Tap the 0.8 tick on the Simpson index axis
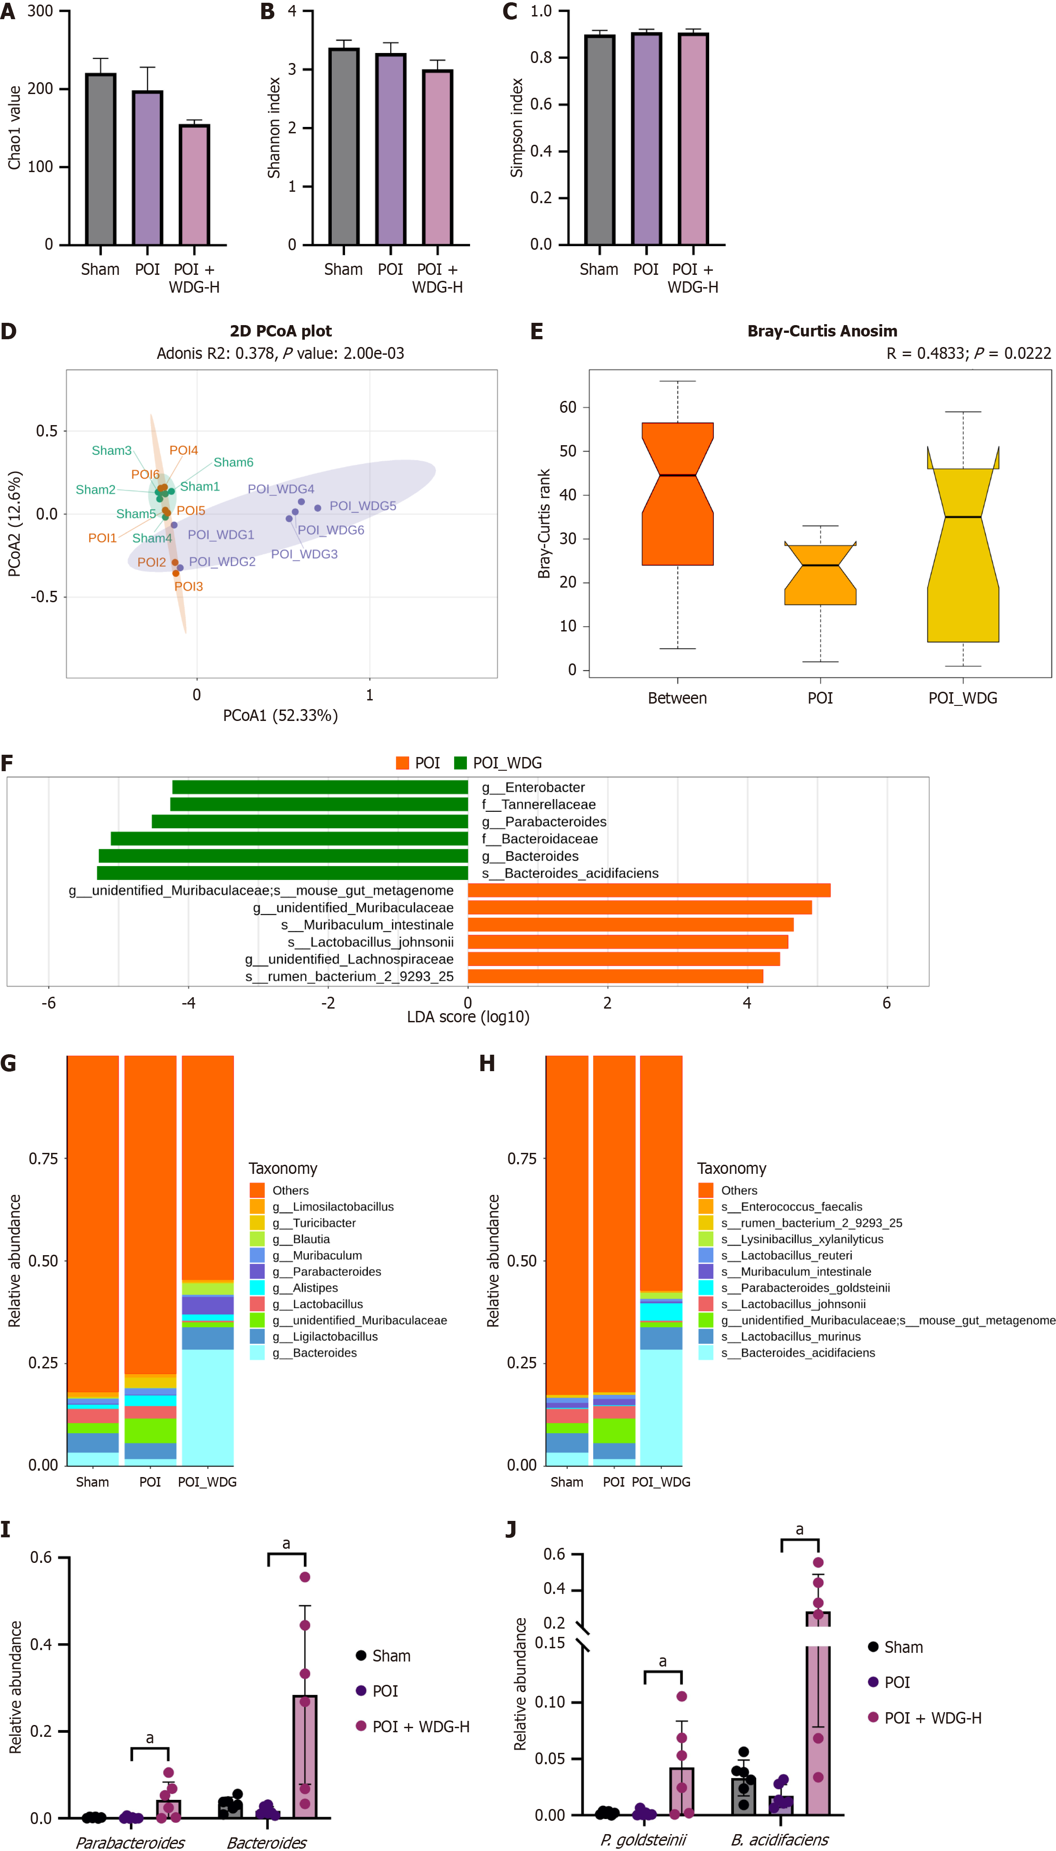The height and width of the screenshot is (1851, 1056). (541, 58)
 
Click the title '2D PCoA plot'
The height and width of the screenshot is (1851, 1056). (281, 331)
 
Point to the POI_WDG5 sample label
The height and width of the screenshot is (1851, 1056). (363, 506)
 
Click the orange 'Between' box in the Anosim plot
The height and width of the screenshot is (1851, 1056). (677, 494)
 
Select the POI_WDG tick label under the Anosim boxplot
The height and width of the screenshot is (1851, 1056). (962, 698)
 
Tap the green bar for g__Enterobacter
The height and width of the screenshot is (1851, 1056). (320, 787)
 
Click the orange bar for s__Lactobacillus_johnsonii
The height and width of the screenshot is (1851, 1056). (628, 942)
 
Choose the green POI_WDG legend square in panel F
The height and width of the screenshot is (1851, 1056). (460, 762)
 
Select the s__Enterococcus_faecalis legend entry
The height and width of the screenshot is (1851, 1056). (790, 1207)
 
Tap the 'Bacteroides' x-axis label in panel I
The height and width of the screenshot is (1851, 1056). (266, 1842)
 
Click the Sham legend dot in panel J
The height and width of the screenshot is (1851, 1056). (873, 1647)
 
